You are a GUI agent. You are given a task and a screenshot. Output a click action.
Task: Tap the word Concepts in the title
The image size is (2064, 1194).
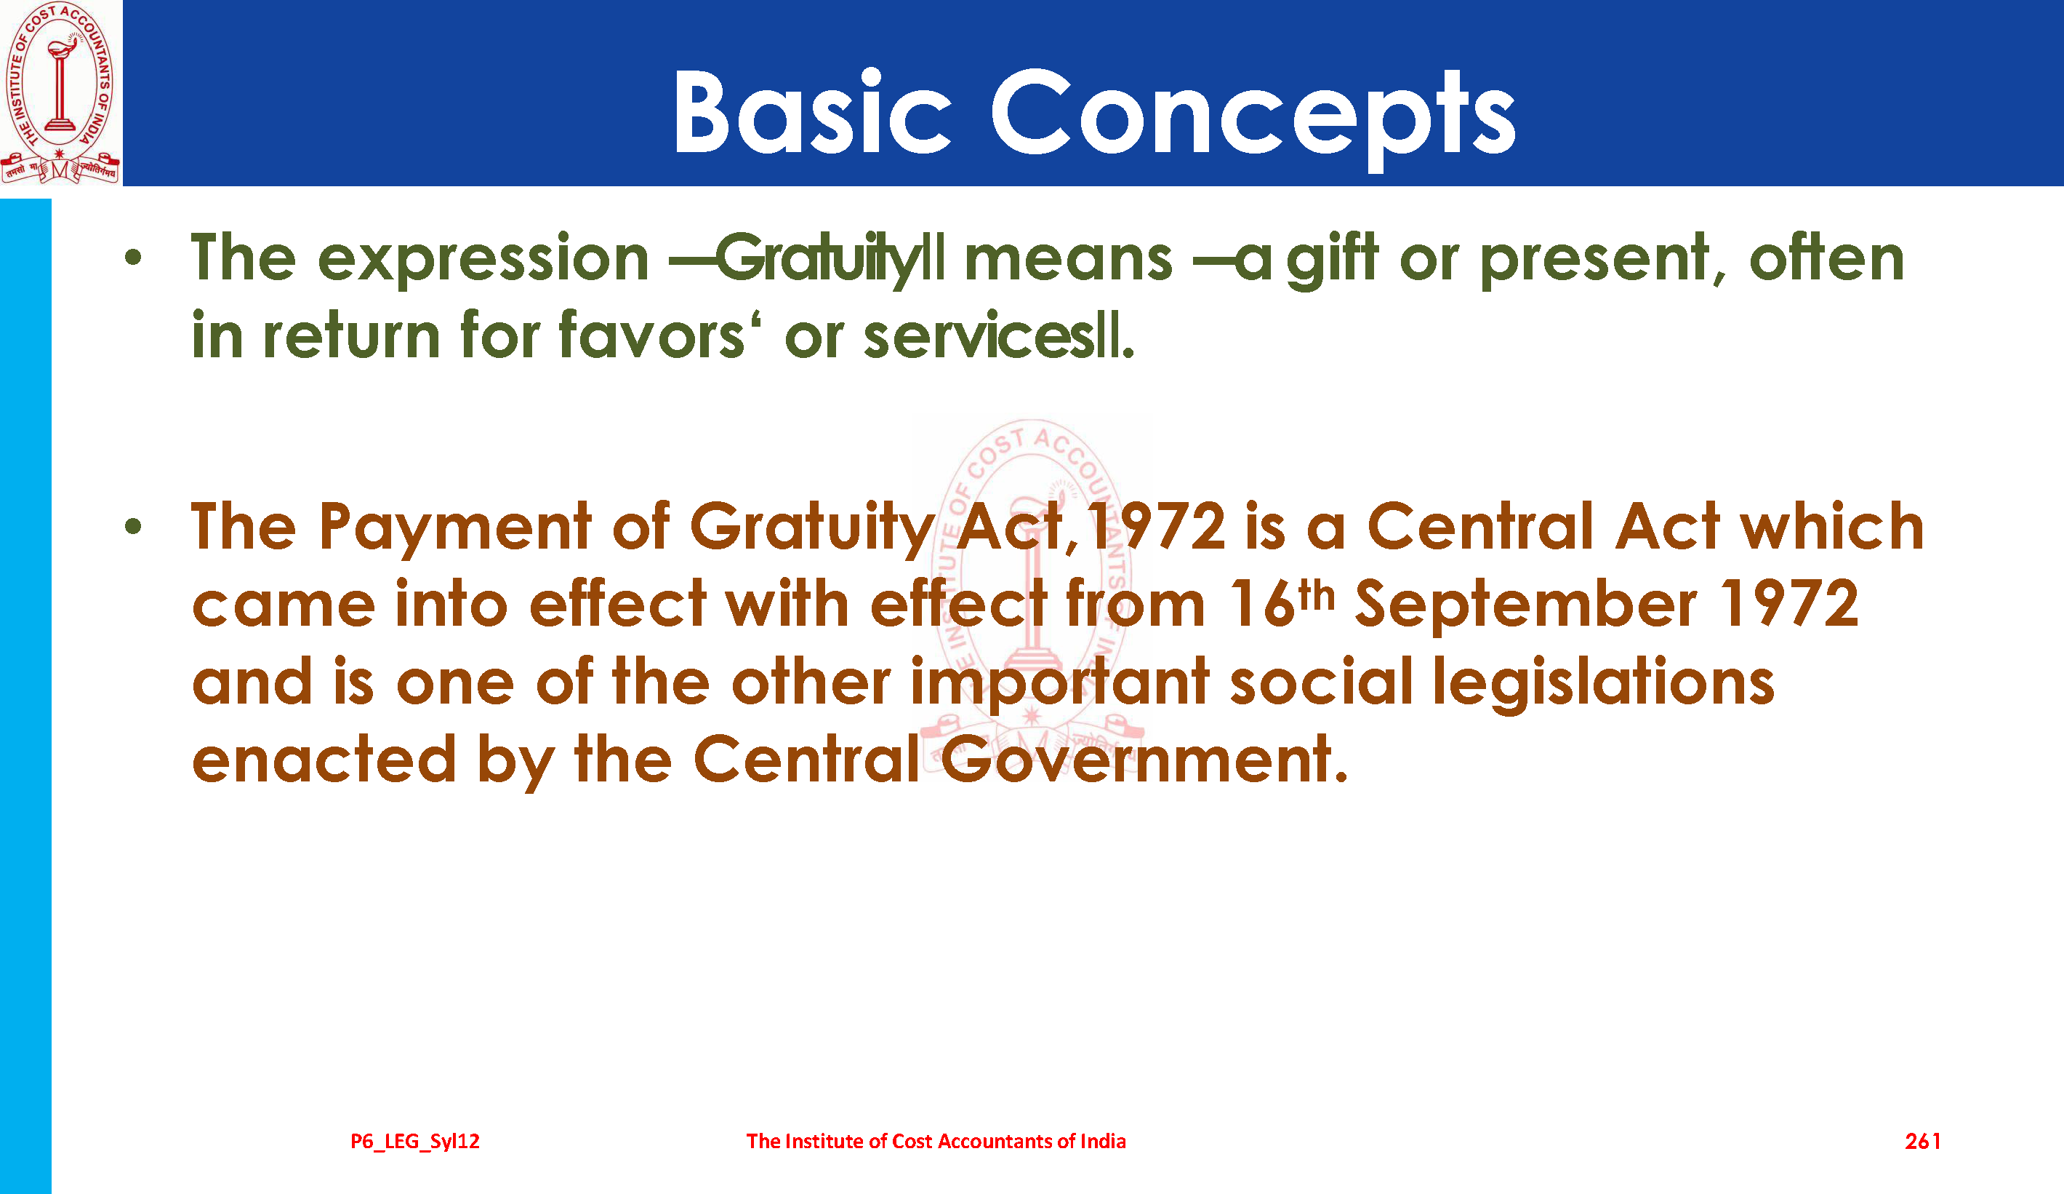pos(1253,119)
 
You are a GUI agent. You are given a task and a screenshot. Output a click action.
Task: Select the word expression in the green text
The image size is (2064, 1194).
pos(483,259)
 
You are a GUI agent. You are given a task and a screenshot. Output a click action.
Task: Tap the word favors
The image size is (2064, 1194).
pos(652,335)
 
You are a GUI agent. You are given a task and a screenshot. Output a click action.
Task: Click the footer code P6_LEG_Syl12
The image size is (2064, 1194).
pos(415,1141)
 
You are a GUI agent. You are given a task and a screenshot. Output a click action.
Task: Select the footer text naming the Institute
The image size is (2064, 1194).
pos(936,1141)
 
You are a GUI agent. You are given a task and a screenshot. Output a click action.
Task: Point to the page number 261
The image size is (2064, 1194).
pos(1922,1141)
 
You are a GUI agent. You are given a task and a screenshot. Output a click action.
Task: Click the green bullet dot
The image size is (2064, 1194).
pos(133,258)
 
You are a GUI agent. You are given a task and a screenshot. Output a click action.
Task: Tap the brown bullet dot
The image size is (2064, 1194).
pos(133,527)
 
